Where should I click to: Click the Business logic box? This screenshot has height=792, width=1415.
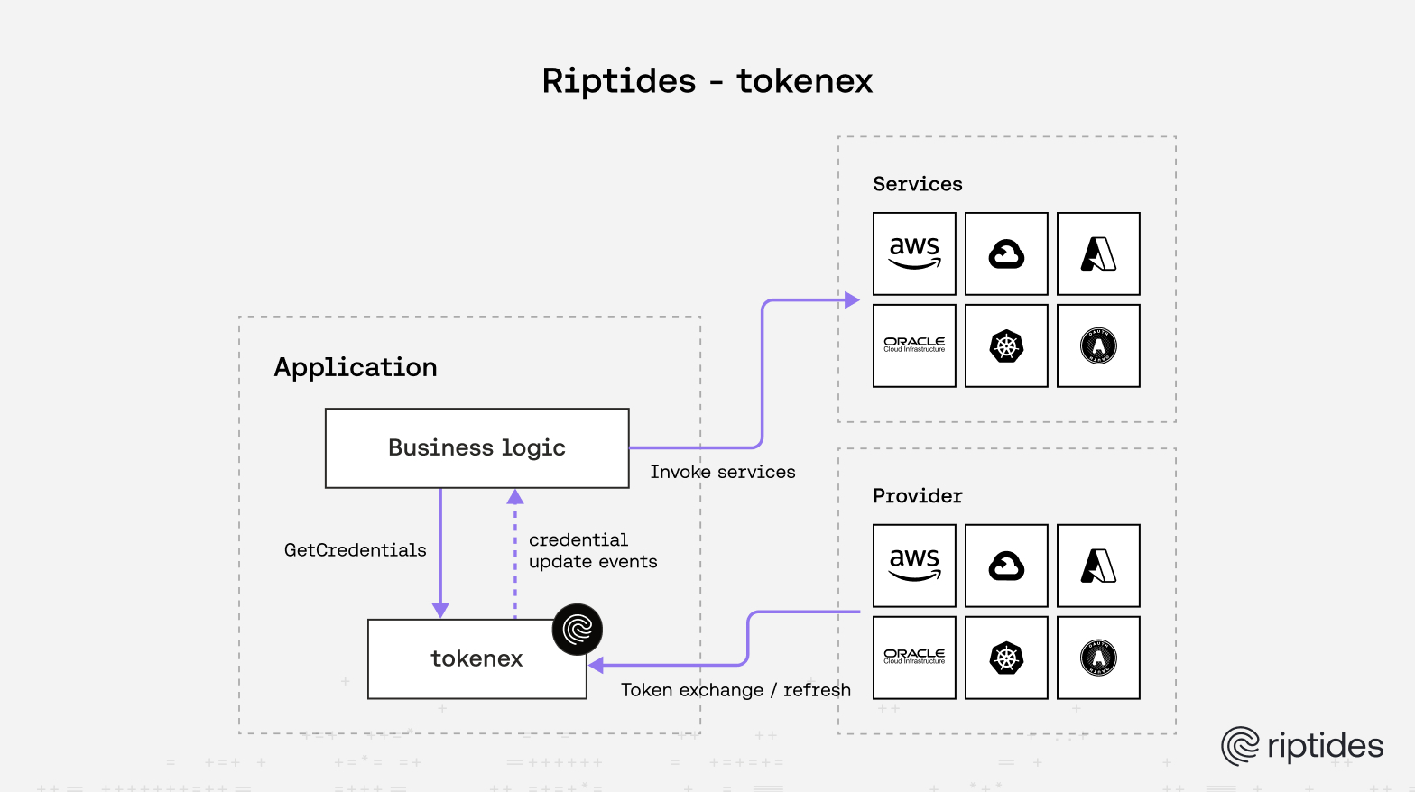476,448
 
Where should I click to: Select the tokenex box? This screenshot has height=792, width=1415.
476,659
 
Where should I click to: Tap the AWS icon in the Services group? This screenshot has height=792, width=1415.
914,253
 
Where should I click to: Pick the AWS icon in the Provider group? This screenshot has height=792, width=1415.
914,566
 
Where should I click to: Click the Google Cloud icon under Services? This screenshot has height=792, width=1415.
1006,253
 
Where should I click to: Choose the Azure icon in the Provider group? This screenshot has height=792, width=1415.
1098,566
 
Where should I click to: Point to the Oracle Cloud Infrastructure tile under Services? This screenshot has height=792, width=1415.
914,345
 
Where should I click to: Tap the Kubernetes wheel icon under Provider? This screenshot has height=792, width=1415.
1006,658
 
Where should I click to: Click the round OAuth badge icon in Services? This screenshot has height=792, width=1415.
1098,345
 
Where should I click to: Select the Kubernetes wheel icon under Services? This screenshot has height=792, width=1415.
1006,345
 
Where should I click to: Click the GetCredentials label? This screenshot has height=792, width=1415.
355,550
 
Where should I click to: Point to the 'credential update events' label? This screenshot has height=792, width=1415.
592,551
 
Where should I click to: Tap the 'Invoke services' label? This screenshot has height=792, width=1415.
722,472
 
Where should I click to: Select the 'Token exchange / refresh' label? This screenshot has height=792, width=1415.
735,690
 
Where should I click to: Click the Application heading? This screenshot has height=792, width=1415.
356,367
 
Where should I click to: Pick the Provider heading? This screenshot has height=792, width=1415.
917,496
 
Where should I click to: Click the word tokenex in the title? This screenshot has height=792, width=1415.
804,81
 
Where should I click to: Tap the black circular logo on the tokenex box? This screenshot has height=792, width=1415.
577,629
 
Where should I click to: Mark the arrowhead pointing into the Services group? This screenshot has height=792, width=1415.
851,300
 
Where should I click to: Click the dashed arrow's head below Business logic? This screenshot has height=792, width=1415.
515,497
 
